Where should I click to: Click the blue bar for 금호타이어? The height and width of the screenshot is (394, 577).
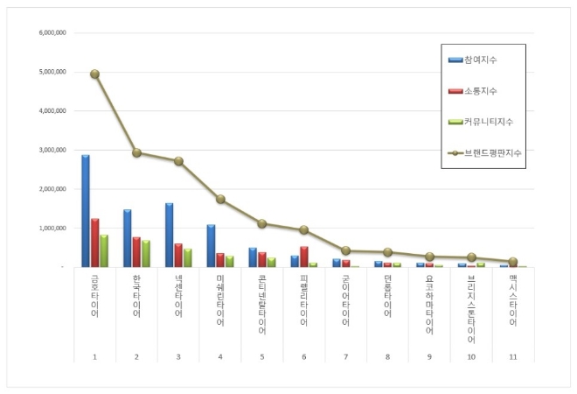(x=86, y=211)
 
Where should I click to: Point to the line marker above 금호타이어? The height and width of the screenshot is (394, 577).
(x=94, y=74)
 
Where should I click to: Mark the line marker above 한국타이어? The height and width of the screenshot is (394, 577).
(x=136, y=152)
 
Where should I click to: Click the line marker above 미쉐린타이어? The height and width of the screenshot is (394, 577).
(x=220, y=200)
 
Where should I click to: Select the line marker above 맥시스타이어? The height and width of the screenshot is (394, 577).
(x=513, y=262)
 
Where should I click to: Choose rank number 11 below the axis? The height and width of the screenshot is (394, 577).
(x=513, y=357)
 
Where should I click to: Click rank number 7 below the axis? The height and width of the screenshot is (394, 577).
(x=345, y=357)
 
